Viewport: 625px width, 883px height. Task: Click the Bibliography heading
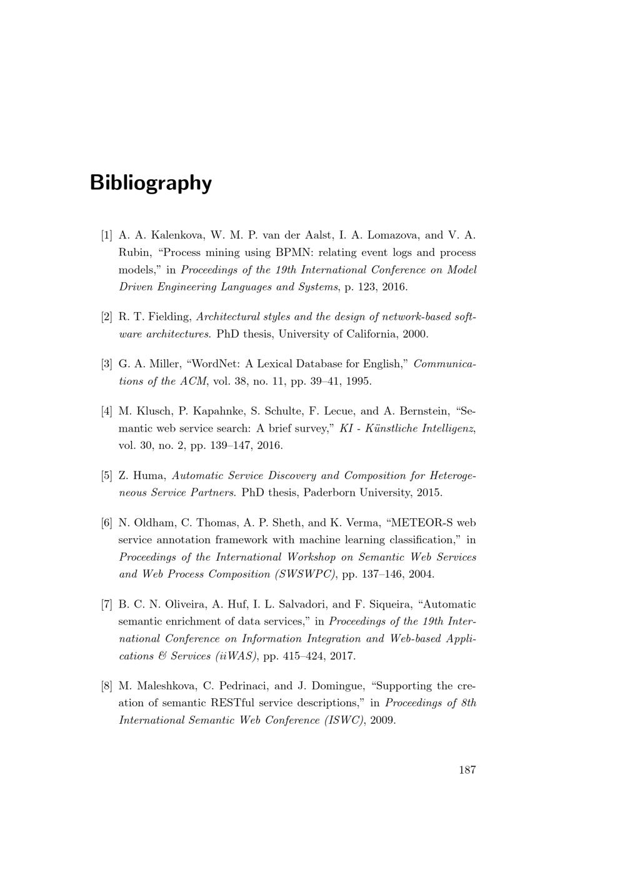click(x=151, y=183)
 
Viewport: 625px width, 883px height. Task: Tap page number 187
click(x=467, y=769)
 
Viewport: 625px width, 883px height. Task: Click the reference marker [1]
click(x=107, y=235)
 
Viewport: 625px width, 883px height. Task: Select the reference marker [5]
click(x=107, y=476)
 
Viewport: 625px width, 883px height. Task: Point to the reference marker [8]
click(x=107, y=686)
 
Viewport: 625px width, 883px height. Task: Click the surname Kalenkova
click(x=177, y=235)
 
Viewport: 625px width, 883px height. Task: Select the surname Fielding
click(x=169, y=317)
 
